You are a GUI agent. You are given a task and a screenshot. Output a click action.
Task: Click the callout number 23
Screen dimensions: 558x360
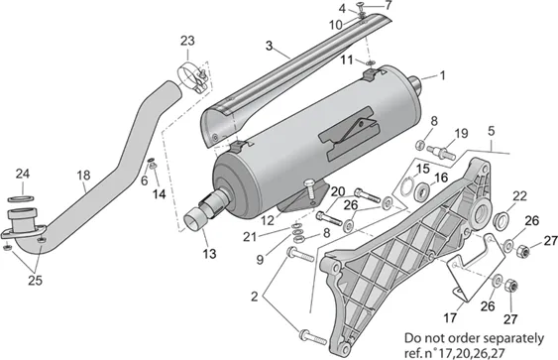[187, 41]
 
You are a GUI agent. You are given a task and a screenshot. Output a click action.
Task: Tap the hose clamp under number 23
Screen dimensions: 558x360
[194, 77]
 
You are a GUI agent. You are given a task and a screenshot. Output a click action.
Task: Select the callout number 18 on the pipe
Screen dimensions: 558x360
[83, 176]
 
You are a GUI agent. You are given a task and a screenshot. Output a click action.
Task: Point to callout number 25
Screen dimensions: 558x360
[36, 281]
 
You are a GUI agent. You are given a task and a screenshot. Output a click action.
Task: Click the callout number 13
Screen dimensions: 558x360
[209, 254]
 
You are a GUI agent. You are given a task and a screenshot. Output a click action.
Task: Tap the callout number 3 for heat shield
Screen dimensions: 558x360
[269, 46]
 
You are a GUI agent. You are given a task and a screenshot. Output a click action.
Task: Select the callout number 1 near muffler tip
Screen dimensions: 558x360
[442, 75]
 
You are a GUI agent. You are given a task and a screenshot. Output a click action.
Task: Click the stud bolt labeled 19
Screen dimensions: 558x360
[441, 153]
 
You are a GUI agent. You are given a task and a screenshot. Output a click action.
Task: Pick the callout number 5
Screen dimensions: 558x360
[491, 131]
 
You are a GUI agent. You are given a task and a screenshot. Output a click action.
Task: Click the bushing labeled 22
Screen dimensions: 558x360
[502, 220]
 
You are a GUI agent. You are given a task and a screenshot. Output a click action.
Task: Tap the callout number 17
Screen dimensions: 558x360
[450, 317]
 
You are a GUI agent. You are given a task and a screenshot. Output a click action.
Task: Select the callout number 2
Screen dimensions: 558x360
[254, 297]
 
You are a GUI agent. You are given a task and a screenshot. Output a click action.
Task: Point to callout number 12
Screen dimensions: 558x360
[268, 221]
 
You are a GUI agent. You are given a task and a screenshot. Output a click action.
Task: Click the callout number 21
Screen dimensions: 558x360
[250, 237]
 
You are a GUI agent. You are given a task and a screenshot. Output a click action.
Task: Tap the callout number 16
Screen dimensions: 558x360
[441, 178]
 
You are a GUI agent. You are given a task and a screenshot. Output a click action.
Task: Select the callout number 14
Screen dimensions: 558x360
[159, 194]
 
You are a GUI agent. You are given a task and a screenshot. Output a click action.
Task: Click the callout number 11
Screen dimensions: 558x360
[347, 60]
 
